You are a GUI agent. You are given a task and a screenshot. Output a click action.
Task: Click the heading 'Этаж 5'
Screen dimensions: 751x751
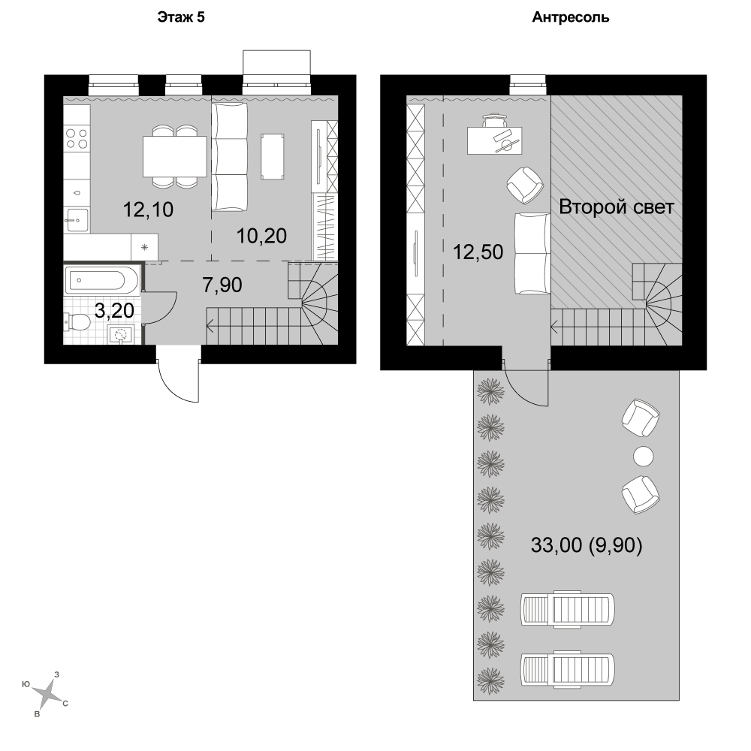(x=181, y=17)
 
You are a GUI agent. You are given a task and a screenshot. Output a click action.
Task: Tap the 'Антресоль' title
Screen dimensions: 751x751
(x=571, y=18)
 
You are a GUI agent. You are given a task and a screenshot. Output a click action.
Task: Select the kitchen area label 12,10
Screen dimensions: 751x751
(x=149, y=210)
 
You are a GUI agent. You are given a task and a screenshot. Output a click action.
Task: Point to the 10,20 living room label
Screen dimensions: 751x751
(x=262, y=236)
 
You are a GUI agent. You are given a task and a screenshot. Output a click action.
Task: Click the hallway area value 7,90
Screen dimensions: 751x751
(x=222, y=285)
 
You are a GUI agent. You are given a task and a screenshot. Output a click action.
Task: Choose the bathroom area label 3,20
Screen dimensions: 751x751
(x=114, y=311)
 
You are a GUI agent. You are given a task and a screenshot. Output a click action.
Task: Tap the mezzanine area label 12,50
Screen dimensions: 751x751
(x=478, y=252)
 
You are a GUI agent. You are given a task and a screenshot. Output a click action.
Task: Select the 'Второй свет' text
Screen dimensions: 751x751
(x=617, y=207)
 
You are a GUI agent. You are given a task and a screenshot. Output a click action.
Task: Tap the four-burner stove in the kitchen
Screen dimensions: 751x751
(x=77, y=137)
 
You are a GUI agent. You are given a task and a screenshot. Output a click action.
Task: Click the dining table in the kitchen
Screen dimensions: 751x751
(x=175, y=156)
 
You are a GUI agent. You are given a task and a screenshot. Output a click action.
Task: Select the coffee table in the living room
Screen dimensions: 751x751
(x=273, y=157)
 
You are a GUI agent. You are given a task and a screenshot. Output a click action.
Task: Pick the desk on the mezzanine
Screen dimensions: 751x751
(x=495, y=140)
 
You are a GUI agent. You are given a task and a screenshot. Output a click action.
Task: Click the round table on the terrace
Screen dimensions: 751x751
(x=644, y=456)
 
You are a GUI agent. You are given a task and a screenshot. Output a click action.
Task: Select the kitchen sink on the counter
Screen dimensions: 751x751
(x=77, y=220)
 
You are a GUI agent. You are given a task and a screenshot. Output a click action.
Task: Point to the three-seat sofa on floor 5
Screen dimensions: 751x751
(x=230, y=157)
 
